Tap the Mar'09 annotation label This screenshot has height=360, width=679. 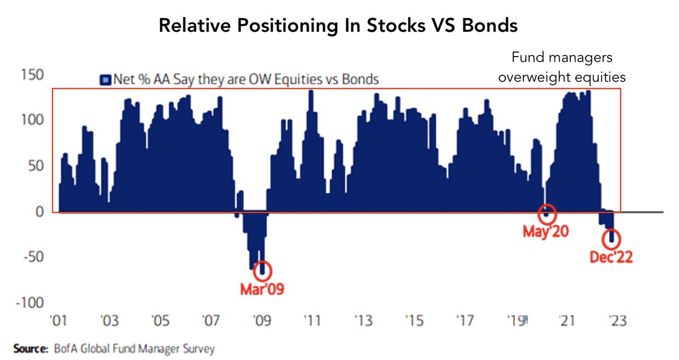(x=261, y=290)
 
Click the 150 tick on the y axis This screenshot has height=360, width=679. (x=33, y=75)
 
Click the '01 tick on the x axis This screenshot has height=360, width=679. (x=59, y=321)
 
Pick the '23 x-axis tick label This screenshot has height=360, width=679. (x=615, y=321)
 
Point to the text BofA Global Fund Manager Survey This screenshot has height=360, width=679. (x=134, y=349)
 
